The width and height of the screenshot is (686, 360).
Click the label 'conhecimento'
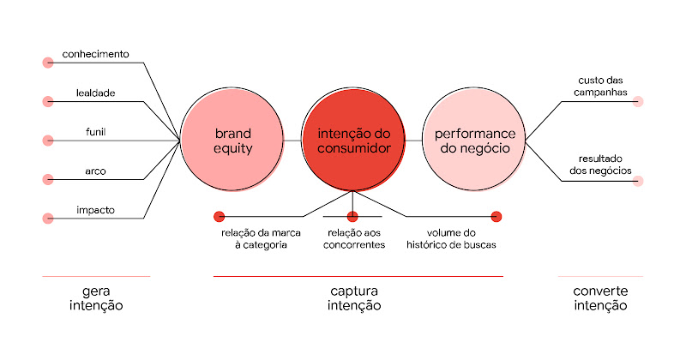(x=95, y=54)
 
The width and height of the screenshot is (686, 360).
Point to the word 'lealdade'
(x=95, y=93)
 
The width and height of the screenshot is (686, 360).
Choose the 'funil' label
(x=95, y=131)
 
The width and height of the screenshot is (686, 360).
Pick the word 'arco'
(x=95, y=171)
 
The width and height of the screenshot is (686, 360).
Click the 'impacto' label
(x=95, y=209)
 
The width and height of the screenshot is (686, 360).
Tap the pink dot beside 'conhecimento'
(x=47, y=63)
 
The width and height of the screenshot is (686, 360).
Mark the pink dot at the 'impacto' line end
(x=47, y=218)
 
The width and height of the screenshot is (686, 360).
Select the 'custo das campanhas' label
(x=601, y=86)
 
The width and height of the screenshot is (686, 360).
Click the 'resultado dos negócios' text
(x=601, y=165)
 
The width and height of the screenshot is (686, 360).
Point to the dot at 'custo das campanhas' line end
(x=638, y=101)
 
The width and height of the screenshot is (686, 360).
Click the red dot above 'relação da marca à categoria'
(x=219, y=216)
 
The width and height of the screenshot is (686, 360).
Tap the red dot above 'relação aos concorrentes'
(x=352, y=216)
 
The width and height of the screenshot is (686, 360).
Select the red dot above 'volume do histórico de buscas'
(x=496, y=216)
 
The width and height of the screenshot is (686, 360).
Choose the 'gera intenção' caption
(x=95, y=298)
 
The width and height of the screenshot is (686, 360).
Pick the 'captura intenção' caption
(x=354, y=298)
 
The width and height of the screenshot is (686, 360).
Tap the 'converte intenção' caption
(x=600, y=298)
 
